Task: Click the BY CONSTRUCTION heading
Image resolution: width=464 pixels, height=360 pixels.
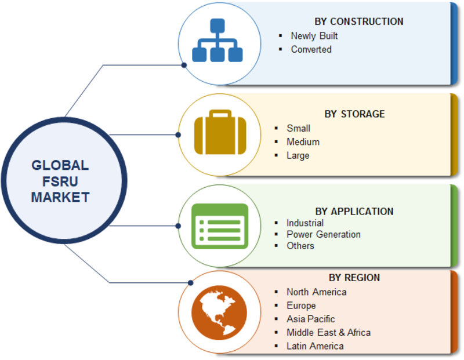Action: [x=358, y=21]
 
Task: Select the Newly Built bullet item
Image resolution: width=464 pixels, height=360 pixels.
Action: [x=314, y=36]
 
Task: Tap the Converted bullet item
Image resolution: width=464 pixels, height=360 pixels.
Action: [x=311, y=49]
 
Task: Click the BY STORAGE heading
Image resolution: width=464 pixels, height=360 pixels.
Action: [x=354, y=114]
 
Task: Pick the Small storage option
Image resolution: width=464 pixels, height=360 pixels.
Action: [x=298, y=128]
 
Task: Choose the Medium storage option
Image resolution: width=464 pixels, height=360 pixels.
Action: [x=303, y=142]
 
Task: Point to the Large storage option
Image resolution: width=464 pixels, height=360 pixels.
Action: [x=298, y=155]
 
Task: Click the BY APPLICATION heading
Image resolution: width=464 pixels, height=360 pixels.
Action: [x=354, y=212]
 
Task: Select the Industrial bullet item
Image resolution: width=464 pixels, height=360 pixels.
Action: [x=305, y=223]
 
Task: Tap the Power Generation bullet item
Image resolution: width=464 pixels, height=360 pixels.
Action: [x=324, y=235]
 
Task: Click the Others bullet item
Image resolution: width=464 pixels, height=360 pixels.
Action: [x=300, y=246]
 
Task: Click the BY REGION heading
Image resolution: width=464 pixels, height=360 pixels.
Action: [x=354, y=278]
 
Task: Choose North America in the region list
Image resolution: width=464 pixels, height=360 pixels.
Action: [x=316, y=292]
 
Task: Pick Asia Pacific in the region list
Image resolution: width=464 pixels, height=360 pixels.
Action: [x=311, y=319]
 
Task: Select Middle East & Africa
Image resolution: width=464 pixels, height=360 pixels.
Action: [x=328, y=333]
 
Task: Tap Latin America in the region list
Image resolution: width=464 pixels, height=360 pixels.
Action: [x=315, y=347]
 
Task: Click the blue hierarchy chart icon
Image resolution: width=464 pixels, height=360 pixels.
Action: [x=217, y=40]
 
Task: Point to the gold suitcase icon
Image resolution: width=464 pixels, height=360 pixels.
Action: [x=220, y=132]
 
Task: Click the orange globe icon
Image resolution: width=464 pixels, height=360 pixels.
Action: [x=219, y=312]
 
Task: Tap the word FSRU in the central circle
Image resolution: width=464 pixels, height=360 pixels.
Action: [x=60, y=181]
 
